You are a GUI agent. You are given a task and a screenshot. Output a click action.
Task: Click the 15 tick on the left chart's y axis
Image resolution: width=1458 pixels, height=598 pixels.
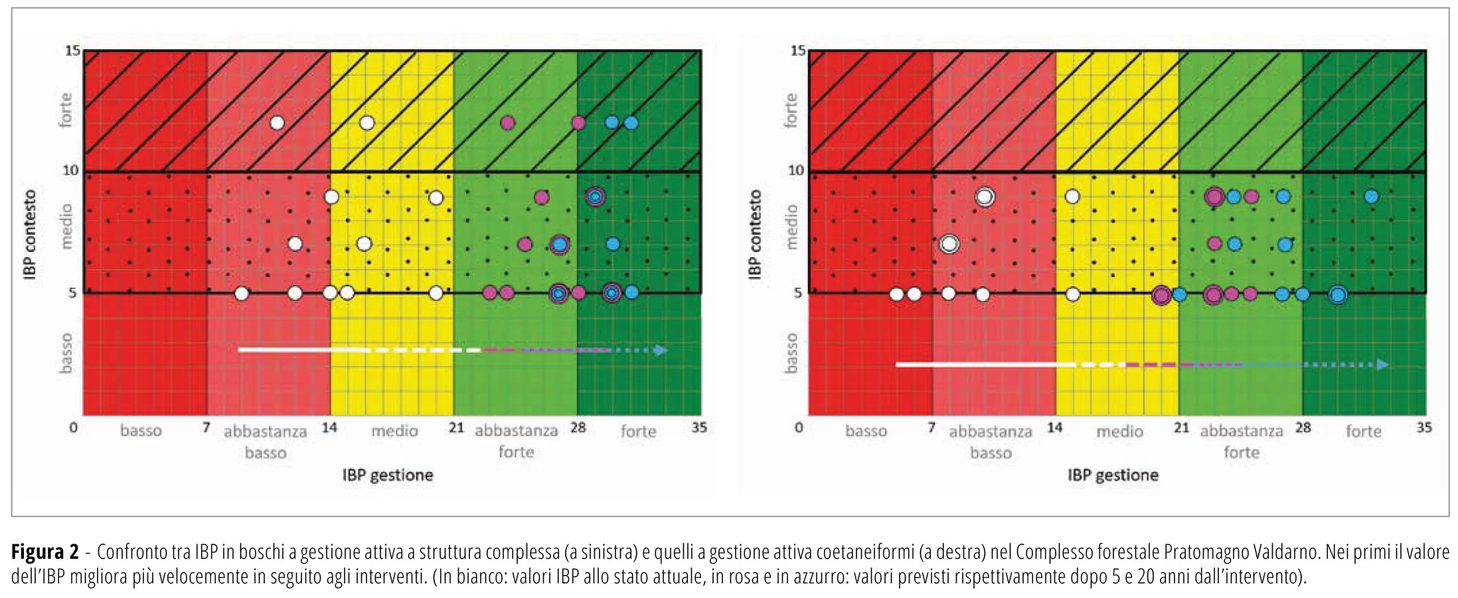coord(72,50)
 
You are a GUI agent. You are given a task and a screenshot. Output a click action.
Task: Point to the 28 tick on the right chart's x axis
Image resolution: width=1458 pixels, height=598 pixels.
coord(1303,427)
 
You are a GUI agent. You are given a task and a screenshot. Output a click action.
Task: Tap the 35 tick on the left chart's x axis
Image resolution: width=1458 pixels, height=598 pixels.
coord(699,427)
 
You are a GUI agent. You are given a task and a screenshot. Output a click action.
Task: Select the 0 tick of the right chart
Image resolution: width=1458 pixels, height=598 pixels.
coord(799,427)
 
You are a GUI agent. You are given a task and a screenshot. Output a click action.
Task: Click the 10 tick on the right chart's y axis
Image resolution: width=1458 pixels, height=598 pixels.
coord(796,170)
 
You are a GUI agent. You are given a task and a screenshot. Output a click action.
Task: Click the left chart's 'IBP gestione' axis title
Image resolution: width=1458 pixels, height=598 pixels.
coord(388,475)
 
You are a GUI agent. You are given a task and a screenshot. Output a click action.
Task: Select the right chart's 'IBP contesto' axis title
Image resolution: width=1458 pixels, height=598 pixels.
coord(755,235)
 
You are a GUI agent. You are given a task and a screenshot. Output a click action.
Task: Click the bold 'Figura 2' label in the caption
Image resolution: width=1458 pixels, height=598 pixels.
coord(44,552)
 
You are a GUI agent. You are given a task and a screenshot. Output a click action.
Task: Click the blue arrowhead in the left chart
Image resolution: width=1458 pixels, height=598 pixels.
coord(661,350)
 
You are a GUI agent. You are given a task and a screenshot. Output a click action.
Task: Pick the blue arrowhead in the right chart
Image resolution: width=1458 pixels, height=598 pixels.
coord(1382,364)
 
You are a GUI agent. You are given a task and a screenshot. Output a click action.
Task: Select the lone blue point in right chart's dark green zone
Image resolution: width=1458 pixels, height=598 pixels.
coord(1371,197)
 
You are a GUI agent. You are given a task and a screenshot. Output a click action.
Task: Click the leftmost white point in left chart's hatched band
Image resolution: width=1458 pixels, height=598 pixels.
coord(278,123)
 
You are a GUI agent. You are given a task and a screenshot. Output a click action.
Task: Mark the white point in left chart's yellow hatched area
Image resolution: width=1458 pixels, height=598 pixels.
coord(366,123)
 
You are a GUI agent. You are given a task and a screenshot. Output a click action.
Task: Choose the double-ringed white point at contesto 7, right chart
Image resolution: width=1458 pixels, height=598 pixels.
coord(949,244)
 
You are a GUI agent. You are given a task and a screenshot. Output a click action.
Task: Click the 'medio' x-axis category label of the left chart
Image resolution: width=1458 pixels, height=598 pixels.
coord(394,431)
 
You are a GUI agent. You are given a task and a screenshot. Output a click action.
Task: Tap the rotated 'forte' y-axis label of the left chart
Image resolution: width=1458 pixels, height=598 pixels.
coord(65,110)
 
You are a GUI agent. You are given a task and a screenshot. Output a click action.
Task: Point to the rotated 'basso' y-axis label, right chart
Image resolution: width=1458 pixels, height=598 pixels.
coord(790,353)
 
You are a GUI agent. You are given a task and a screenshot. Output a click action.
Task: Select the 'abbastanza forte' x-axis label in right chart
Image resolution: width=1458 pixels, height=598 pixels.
coord(1242,441)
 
